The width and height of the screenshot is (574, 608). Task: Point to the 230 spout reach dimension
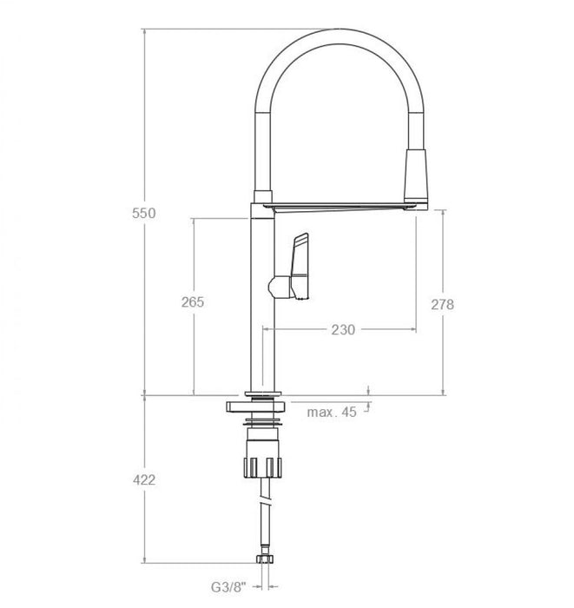click(x=344, y=329)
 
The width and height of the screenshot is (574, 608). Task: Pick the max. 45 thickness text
click(x=332, y=412)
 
